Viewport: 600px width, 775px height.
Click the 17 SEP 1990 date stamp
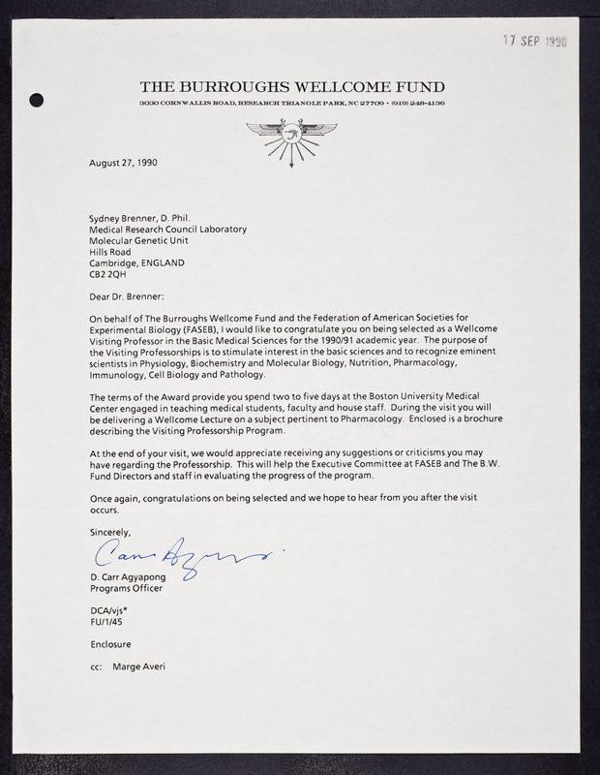click(535, 43)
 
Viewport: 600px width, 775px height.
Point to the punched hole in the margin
click(38, 98)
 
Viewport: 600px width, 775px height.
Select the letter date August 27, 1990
click(123, 163)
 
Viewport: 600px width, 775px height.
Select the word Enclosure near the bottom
click(108, 644)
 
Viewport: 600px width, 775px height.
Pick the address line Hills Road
click(111, 248)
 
